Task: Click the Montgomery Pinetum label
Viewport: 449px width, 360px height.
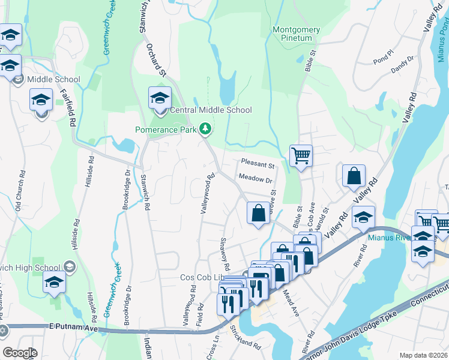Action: click(292, 34)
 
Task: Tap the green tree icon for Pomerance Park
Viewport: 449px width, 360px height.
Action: click(205, 129)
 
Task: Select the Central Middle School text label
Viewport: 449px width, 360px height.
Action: click(211, 110)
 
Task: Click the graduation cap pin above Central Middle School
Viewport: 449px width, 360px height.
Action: click(160, 98)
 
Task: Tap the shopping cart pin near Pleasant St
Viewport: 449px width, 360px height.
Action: click(301, 155)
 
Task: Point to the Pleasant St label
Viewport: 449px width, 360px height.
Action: click(257, 163)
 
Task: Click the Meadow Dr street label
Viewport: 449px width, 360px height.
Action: click(255, 179)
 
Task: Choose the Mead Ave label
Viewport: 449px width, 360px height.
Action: click(291, 304)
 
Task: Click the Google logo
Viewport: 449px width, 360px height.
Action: click(20, 352)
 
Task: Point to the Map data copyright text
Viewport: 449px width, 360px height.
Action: click(423, 355)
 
